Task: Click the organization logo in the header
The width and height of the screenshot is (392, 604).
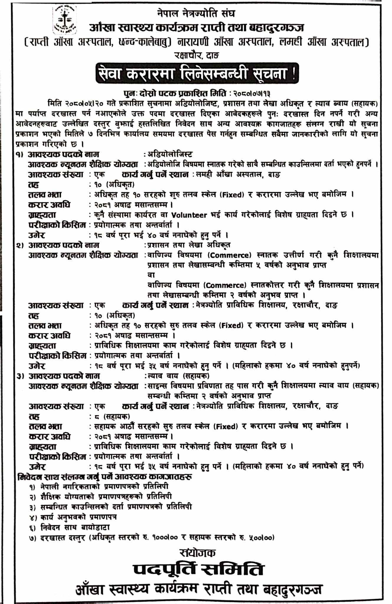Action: click(64, 20)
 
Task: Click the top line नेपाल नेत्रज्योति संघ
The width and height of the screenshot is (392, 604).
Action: click(196, 13)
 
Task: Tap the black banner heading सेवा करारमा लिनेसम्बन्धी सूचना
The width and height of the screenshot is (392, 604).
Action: click(197, 73)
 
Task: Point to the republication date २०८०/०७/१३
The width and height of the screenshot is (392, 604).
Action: click(251, 93)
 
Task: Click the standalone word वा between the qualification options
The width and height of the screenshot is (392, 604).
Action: click(151, 275)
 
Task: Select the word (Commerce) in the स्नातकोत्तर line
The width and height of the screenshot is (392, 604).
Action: click(226, 285)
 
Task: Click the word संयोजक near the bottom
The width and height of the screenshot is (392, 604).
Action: click(197, 552)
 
